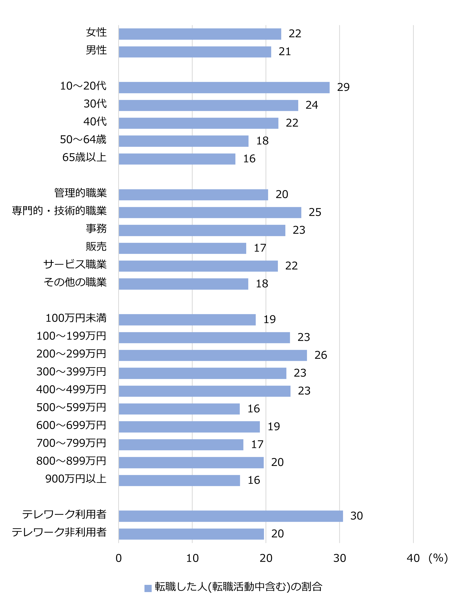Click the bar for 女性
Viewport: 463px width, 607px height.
[x=200, y=34]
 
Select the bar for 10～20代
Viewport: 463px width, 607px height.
[x=224, y=87]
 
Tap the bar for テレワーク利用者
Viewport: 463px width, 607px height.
[x=231, y=516]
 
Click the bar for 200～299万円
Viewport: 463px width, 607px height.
[x=213, y=355]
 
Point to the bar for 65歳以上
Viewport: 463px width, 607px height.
[x=177, y=159]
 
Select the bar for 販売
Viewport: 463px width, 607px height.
[x=182, y=248]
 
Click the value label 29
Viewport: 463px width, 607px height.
[x=343, y=87]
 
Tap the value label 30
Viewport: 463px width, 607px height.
[x=356, y=516]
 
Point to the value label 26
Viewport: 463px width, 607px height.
[x=321, y=355]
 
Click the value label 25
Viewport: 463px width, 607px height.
[x=315, y=212]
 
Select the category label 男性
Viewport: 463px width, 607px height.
[x=96, y=50]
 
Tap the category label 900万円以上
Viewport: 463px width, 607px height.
[x=76, y=479]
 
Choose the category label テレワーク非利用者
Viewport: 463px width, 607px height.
[x=59, y=532]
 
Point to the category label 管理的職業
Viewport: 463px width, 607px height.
[x=81, y=193]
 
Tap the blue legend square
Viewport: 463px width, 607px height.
[x=148, y=588]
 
